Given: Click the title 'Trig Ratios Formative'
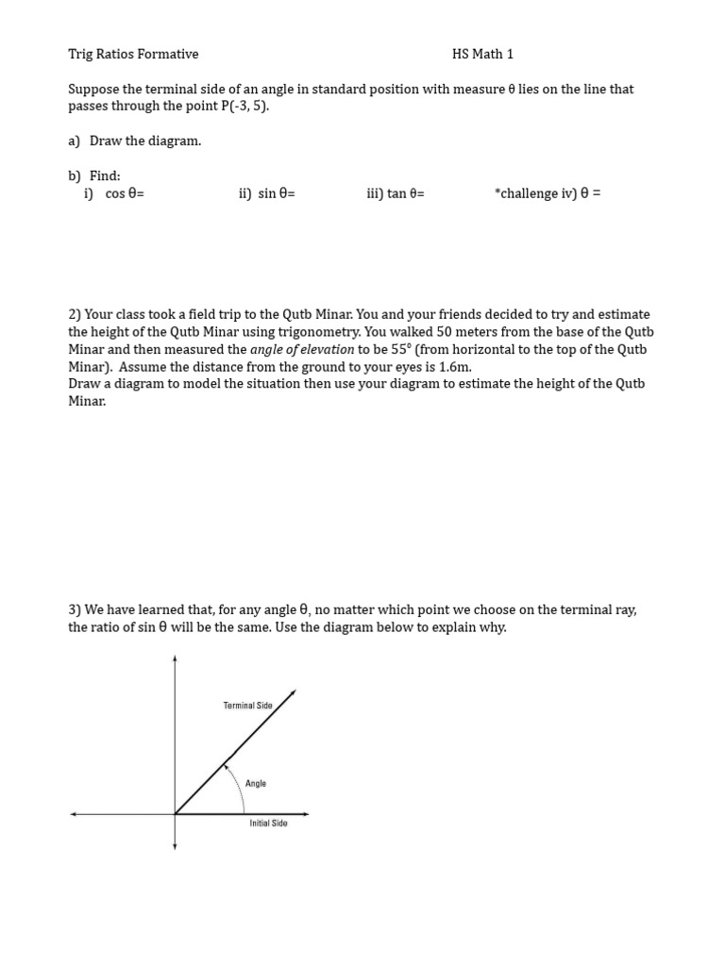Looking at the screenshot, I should click(x=133, y=54).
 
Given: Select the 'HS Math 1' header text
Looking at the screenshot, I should click(x=482, y=54).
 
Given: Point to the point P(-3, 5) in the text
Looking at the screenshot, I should click(x=244, y=106).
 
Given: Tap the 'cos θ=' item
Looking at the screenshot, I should click(x=125, y=193).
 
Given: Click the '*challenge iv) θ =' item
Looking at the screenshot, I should click(x=548, y=193).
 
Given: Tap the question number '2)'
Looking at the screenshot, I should click(x=75, y=314).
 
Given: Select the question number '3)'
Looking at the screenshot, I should click(x=75, y=610).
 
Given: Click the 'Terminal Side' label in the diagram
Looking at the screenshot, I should click(x=247, y=706).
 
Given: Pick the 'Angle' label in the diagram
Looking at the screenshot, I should click(x=256, y=783).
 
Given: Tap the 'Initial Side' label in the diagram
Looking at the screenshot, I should click(x=268, y=823).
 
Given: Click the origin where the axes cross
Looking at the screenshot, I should click(x=175, y=813).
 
